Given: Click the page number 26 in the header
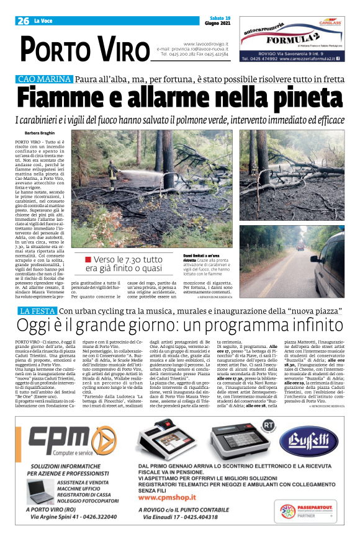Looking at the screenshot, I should click(x=23, y=20).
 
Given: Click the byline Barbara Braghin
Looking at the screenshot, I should click(x=40, y=133).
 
